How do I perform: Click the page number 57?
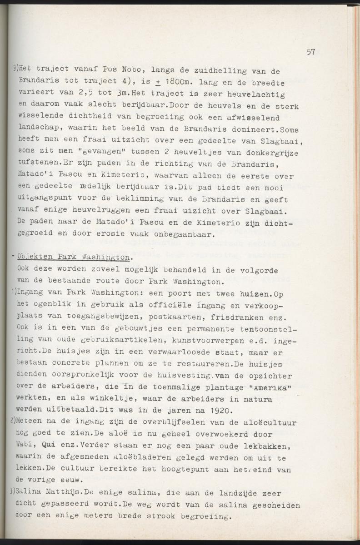click(x=311, y=52)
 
